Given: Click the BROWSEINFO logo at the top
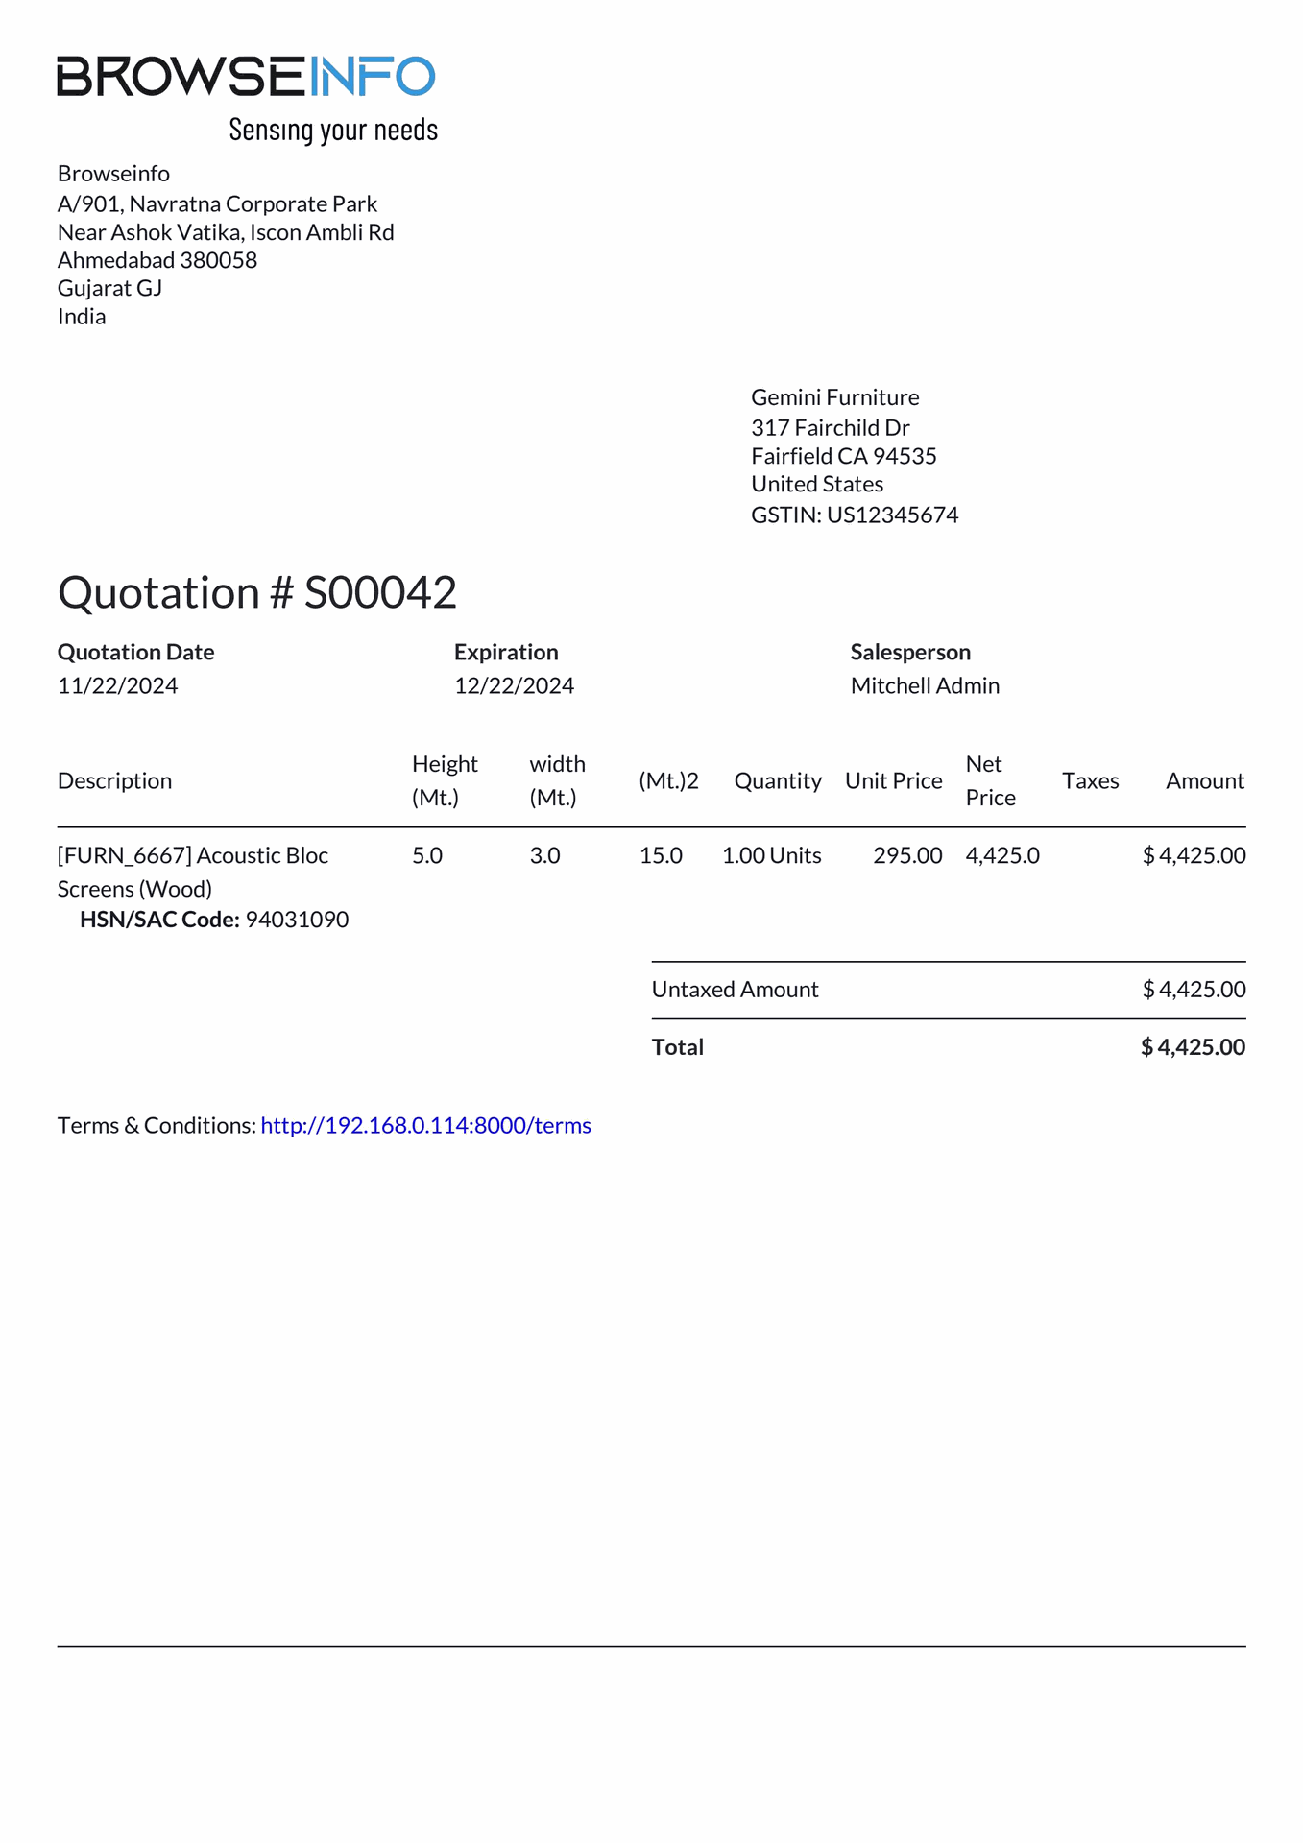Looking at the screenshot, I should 246,77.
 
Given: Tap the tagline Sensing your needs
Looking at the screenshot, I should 333,130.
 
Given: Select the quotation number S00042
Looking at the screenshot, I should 380,592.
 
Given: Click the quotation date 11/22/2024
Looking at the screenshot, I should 117,685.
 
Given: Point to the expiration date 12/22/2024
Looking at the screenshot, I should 514,685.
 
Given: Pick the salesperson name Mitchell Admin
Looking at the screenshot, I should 925,685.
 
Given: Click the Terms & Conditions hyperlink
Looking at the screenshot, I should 425,1125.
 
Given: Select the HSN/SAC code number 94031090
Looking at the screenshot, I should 297,920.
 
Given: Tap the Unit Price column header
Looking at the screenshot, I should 893,780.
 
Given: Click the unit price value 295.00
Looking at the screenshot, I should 907,855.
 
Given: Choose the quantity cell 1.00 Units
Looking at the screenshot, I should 771,855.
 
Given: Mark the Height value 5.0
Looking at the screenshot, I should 427,855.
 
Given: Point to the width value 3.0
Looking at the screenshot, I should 544,855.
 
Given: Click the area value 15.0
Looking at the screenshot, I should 661,855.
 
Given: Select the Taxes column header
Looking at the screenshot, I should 1090,780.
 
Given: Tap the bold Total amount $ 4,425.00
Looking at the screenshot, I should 1193,1047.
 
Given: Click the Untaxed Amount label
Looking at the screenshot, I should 735,990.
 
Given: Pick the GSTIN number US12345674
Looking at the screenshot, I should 892,515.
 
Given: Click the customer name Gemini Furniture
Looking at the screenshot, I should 834,397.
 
